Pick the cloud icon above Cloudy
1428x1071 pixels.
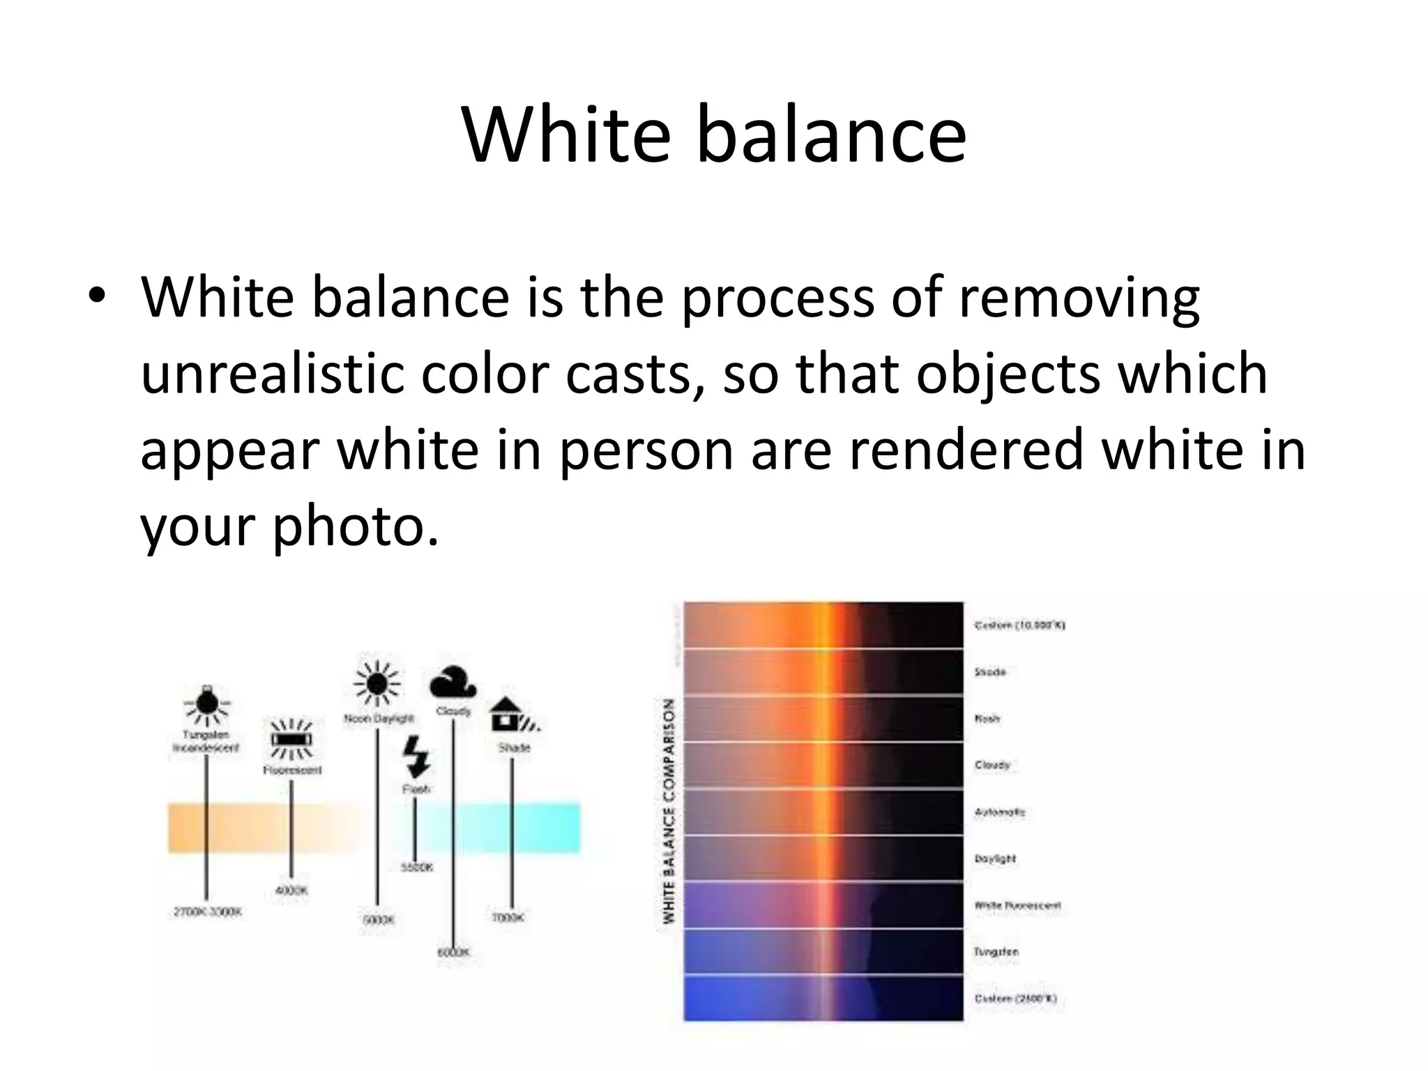tap(453, 683)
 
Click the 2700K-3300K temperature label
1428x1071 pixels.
tap(207, 912)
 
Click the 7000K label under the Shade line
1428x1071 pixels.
tap(508, 918)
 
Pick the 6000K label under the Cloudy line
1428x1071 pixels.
tap(453, 952)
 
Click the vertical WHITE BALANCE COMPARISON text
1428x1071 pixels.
tap(669, 812)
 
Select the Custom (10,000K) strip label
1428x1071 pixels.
tap(1019, 625)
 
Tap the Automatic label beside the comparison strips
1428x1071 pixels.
tap(1000, 812)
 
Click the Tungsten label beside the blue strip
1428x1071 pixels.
tap(996, 952)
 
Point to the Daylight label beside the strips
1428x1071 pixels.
tap(995, 859)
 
